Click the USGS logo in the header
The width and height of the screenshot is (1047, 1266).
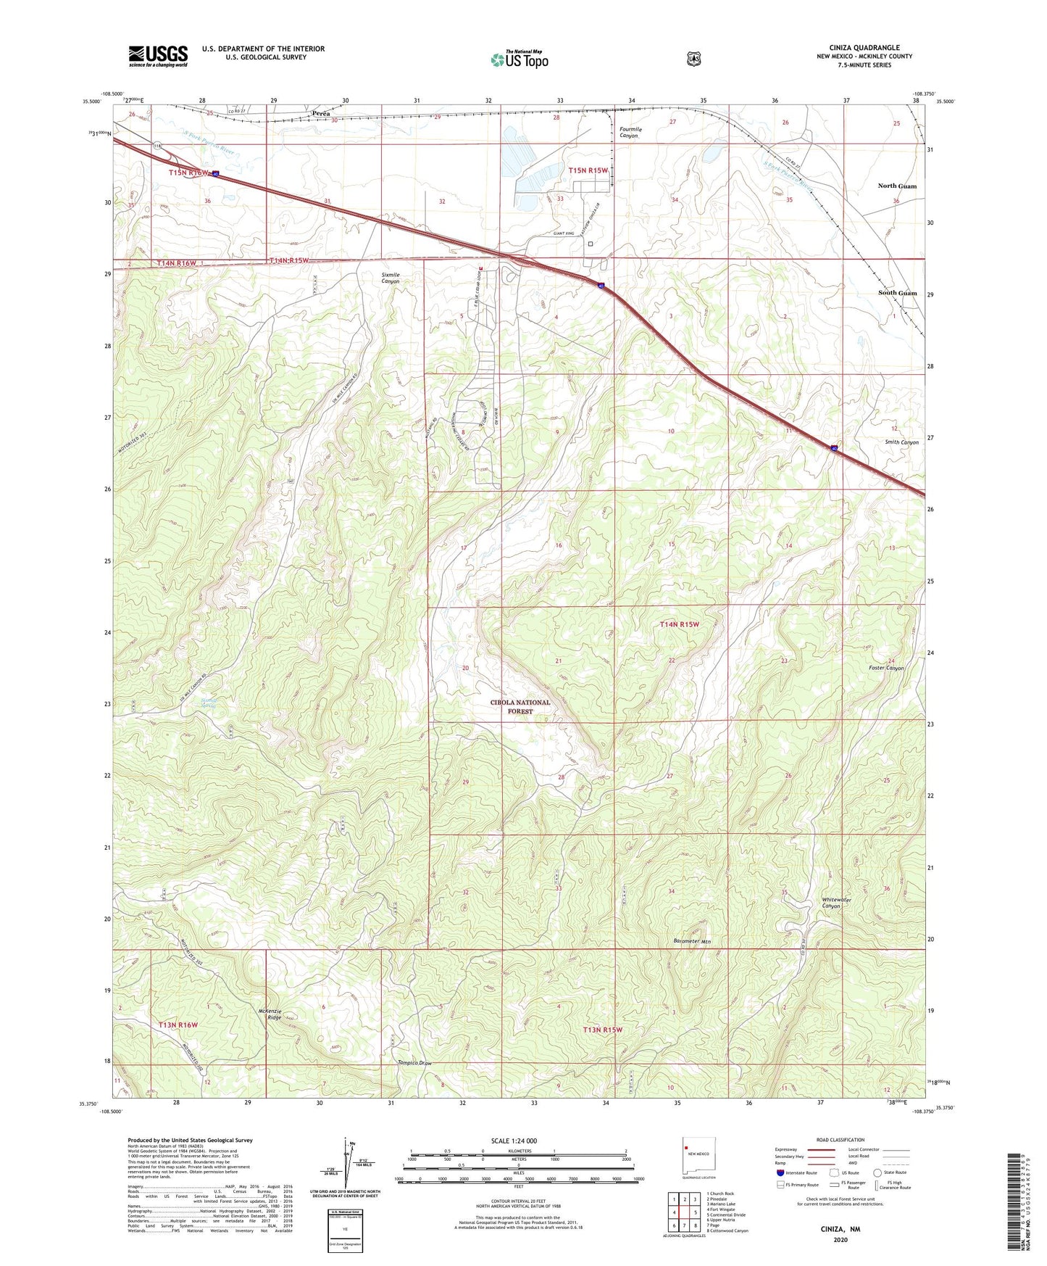pyautogui.click(x=158, y=56)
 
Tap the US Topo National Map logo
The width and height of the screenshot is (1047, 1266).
pyautogui.click(x=519, y=59)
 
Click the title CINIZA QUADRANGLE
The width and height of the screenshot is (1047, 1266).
pyautogui.click(x=864, y=48)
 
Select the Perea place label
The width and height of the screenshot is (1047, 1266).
pyautogui.click(x=321, y=114)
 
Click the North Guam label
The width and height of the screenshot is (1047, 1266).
pyautogui.click(x=896, y=186)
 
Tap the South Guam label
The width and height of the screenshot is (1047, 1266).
pyautogui.click(x=897, y=293)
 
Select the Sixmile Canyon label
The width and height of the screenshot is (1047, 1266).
pyautogui.click(x=390, y=278)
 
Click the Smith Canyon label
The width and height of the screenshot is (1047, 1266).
pyautogui.click(x=901, y=442)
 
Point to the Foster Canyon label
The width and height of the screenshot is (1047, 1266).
pyautogui.click(x=886, y=668)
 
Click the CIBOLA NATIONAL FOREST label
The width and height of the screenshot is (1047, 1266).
pyautogui.click(x=520, y=707)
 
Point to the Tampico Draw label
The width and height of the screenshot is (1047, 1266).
pyautogui.click(x=414, y=1063)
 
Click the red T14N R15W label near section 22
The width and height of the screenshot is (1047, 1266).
pyautogui.click(x=679, y=624)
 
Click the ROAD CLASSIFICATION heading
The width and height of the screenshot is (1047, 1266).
pyautogui.click(x=840, y=1140)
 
